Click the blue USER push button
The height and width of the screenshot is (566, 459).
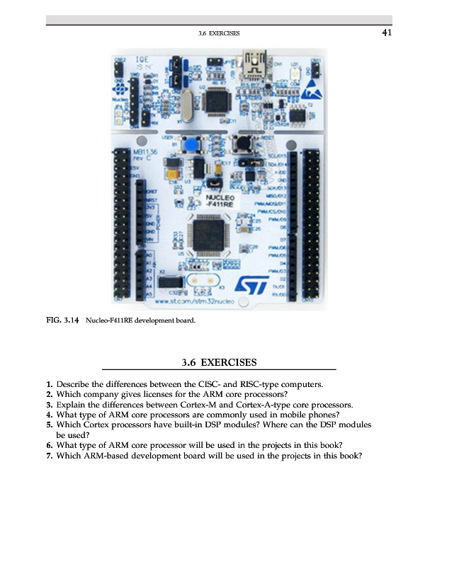pyautogui.click(x=190, y=146)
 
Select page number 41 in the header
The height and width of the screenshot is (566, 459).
pyautogui.click(x=387, y=33)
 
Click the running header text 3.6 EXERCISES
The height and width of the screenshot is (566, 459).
pyautogui.click(x=220, y=33)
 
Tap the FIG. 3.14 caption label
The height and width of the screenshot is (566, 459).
pyautogui.click(x=61, y=320)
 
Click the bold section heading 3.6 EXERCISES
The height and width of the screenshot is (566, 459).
pyautogui.click(x=219, y=363)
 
